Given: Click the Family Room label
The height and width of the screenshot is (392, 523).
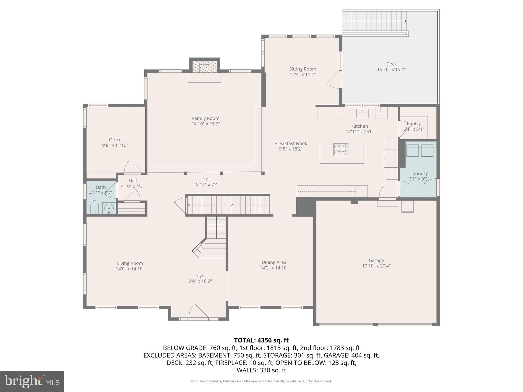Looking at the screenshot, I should click(206, 118).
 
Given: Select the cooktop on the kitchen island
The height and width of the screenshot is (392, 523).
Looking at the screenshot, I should click(341, 150).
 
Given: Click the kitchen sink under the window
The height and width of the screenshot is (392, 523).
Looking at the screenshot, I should click(362, 113).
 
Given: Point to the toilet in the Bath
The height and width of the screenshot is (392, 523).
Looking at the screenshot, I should click(94, 207).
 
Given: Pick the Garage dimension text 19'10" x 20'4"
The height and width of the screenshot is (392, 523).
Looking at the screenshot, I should click(376, 266).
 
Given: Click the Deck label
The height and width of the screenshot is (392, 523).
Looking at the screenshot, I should click(391, 64).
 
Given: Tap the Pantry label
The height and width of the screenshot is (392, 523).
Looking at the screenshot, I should click(413, 124).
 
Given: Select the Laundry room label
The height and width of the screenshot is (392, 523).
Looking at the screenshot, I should click(419, 174).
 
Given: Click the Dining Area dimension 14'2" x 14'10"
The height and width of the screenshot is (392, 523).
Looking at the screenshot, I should click(274, 268).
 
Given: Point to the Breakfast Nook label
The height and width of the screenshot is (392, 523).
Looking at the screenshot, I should click(291, 143).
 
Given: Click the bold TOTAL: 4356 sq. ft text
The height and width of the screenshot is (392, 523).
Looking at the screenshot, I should click(261, 340).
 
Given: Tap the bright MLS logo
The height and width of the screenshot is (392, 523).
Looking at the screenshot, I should click(32, 381).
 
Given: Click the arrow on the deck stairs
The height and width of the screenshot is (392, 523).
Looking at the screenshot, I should click(405, 21).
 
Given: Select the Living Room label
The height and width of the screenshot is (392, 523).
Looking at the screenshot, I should click(130, 263).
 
